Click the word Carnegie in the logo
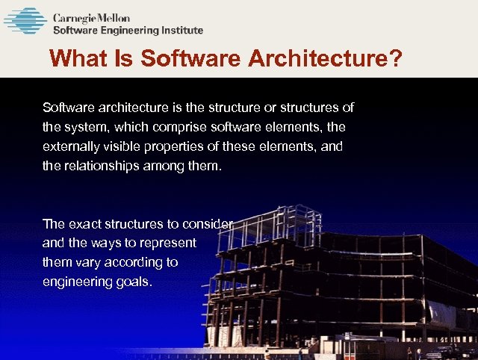tap(78, 16)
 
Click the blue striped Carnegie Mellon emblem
tap(25, 21)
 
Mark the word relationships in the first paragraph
tap(100, 166)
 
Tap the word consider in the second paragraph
tap(213, 223)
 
